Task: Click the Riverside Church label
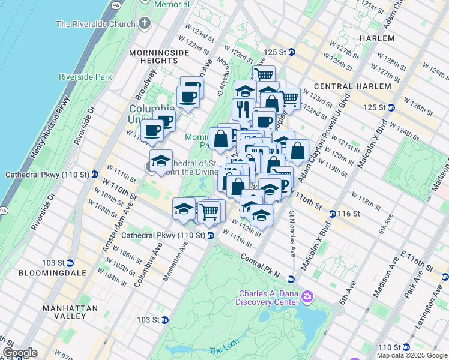[95, 24]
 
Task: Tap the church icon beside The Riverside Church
[143, 24]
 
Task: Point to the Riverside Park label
[85, 77]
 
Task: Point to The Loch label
[223, 350]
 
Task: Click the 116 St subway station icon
[333, 214]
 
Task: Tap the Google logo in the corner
[19, 353]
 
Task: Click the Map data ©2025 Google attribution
[412, 355]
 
